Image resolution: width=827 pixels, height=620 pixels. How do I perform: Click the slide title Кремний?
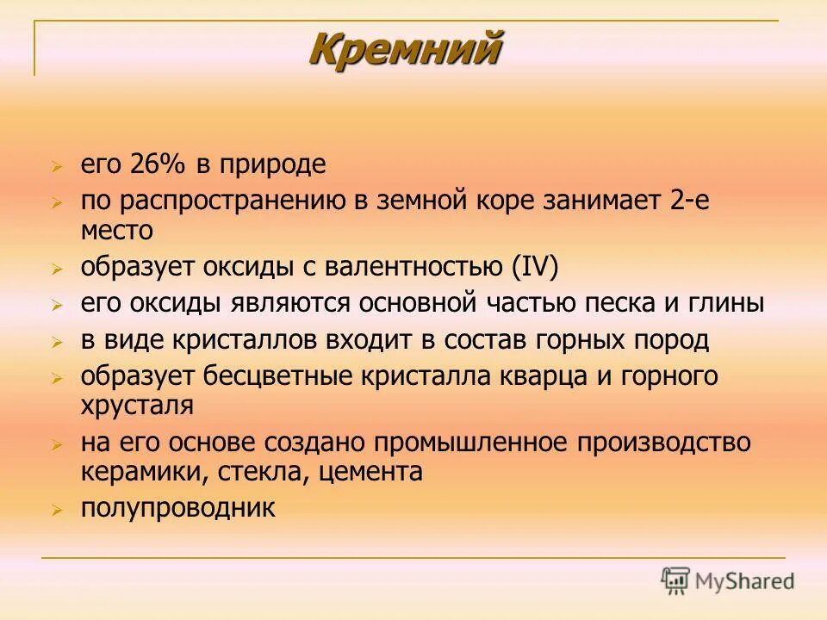coord(405,48)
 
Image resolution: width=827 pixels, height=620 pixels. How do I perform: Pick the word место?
coord(117,230)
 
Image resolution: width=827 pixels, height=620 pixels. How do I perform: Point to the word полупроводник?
coord(178,508)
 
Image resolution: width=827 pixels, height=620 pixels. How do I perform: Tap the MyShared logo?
coord(727,580)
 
